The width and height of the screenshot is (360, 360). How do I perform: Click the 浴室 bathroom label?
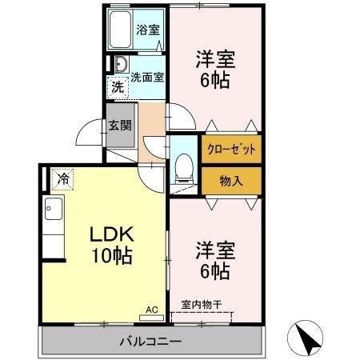pyautogui.click(x=148, y=31)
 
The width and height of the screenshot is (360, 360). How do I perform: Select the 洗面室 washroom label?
pyautogui.click(x=147, y=78)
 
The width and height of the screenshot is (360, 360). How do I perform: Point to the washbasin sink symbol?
pyautogui.click(x=121, y=65)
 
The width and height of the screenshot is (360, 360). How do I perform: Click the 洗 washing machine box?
pyautogui.click(x=118, y=87)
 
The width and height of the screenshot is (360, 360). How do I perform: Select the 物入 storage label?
pyautogui.click(x=231, y=181)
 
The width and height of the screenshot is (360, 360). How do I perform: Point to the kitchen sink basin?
pyautogui.click(x=53, y=211)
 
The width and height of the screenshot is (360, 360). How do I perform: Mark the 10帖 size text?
pyautogui.click(x=111, y=257)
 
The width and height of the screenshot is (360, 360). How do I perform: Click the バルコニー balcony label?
pyautogui.click(x=150, y=341)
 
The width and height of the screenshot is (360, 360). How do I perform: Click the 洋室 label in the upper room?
pyautogui.click(x=214, y=59)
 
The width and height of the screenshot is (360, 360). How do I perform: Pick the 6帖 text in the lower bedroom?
pyautogui.click(x=214, y=271)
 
